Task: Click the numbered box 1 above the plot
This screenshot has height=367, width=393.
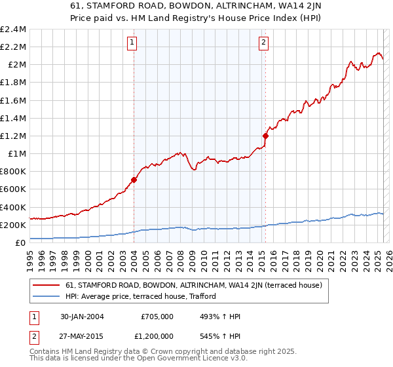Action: point(132,43)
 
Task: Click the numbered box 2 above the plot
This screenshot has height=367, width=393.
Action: point(263,43)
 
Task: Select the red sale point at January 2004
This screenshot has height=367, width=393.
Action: point(134,180)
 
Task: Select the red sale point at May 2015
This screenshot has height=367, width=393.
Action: point(265,136)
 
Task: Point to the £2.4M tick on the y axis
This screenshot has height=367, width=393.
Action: point(14,29)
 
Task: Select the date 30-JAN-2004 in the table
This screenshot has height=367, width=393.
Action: point(82,317)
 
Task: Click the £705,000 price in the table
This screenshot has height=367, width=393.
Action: point(158,317)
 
